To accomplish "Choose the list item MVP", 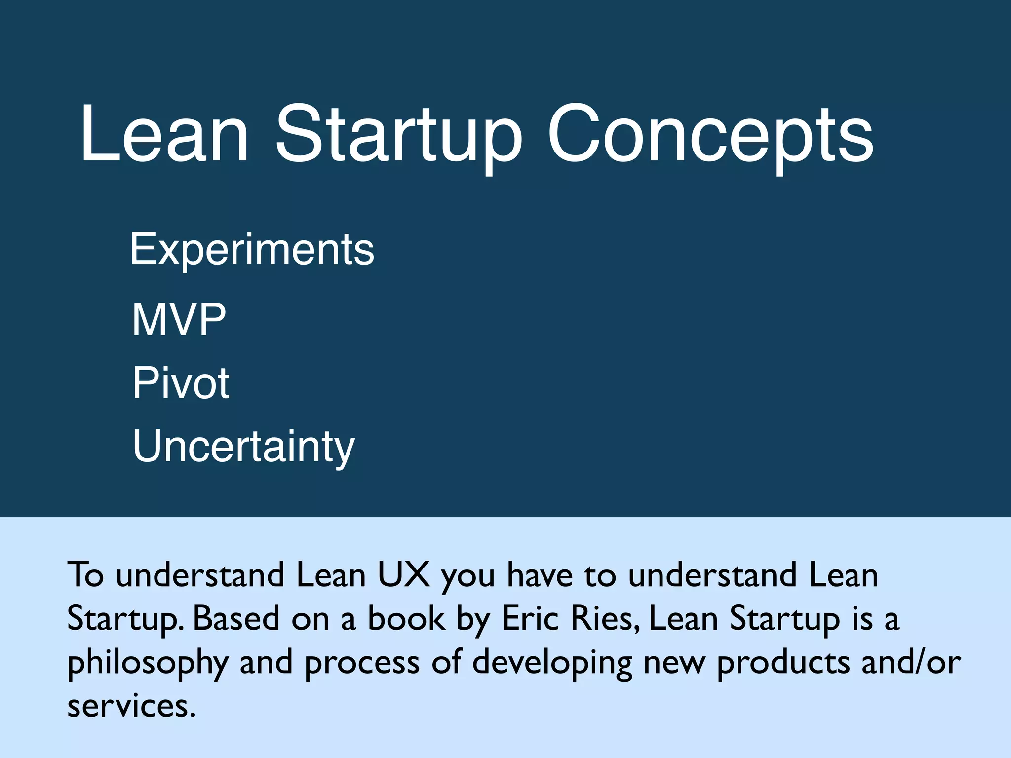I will pyautogui.click(x=179, y=320).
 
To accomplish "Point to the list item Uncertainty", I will pyautogui.click(x=244, y=447).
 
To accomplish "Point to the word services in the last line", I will pyautogui.click(x=131, y=706).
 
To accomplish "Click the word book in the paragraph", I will pyautogui.click(x=407, y=618).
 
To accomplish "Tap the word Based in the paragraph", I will pyautogui.click(x=236, y=618).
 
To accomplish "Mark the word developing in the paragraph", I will pyautogui.click(x=552, y=663).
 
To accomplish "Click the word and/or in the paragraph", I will pyautogui.click(x=911, y=663).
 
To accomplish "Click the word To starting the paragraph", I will pyautogui.click(x=85, y=575).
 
